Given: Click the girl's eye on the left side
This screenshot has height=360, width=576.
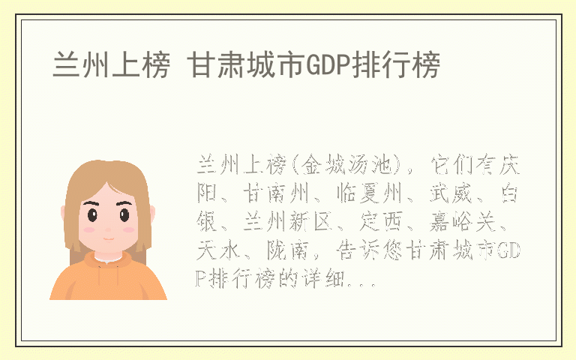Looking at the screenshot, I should click(x=93, y=215).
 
